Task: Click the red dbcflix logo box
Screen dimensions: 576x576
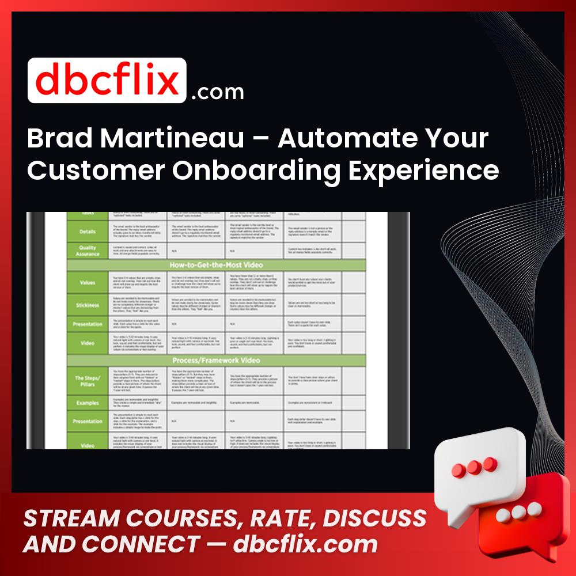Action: (107, 81)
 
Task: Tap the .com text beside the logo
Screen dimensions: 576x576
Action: (217, 92)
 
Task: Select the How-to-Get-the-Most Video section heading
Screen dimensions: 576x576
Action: (216, 265)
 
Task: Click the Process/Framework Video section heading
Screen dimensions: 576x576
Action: (216, 360)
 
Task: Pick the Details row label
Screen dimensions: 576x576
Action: (88, 230)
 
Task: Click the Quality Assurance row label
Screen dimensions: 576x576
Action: (88, 251)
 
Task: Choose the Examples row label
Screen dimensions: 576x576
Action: (88, 403)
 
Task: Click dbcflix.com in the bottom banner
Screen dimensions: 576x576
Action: (305, 544)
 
